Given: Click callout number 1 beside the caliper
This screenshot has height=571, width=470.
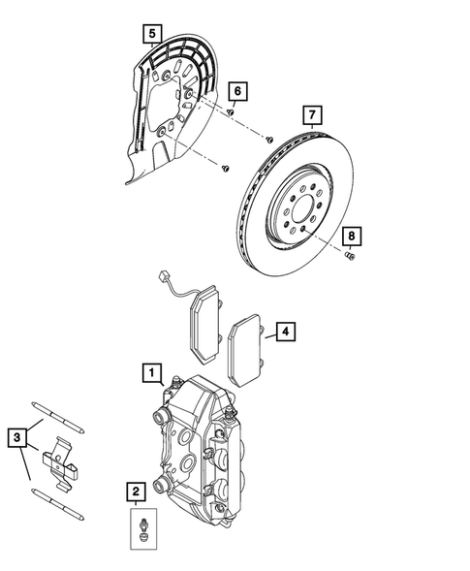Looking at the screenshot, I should [x=150, y=370].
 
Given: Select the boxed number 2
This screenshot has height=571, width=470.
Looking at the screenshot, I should [x=136, y=492].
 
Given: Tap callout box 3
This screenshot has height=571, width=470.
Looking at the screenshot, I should [x=16, y=437].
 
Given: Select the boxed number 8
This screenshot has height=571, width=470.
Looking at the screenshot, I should [x=353, y=236].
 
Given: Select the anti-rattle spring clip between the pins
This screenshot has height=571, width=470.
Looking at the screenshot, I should [x=60, y=460].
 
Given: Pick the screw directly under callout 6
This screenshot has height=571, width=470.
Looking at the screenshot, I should [x=233, y=112].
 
